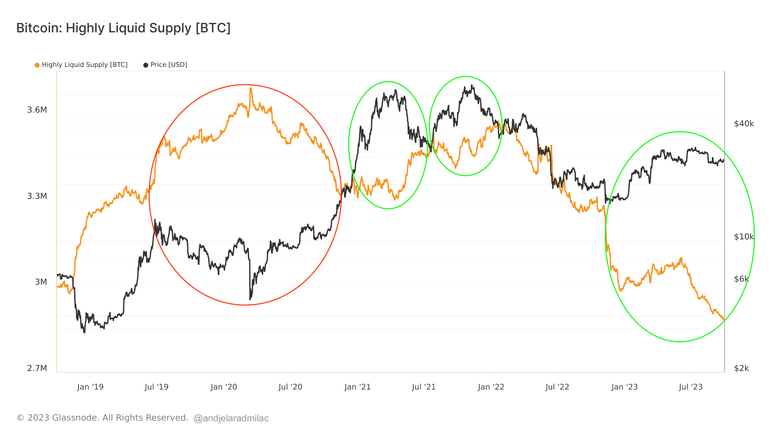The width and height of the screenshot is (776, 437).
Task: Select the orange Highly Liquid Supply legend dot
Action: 37,65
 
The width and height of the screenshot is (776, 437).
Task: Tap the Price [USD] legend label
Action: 169,65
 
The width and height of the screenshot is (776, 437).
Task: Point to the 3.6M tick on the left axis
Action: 37,110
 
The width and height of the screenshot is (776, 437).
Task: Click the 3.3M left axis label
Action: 37,196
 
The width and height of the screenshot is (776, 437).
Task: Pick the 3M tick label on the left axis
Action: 41,282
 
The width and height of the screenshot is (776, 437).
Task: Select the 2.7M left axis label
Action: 37,368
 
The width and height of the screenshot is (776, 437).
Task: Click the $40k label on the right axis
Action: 744,124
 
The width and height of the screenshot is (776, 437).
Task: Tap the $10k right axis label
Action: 744,237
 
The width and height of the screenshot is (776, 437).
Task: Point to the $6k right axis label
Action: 742,279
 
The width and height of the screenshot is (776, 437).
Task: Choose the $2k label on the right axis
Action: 742,368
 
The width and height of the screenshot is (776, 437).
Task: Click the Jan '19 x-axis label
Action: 90,387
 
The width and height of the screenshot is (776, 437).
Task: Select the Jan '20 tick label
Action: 224,387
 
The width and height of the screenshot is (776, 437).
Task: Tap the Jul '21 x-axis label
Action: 424,387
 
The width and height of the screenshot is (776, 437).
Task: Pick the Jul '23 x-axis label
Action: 691,387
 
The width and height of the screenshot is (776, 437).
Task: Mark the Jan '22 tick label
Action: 491,387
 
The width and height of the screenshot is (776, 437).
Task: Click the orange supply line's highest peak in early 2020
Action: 250,88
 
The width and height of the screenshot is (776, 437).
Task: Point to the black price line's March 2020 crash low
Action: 250,299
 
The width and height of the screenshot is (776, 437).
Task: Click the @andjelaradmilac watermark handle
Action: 231,418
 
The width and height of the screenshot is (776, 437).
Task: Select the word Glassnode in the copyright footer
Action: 75,418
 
